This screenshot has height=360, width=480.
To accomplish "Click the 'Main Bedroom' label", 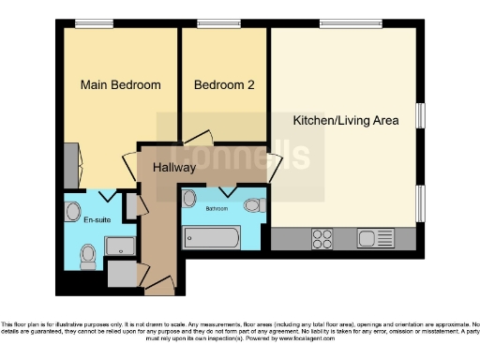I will (120, 85).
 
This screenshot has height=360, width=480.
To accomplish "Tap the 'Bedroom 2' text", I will (224, 85).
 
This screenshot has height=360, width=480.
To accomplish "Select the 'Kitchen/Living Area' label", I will (346, 120).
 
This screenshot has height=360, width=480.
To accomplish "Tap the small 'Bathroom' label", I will (217, 208).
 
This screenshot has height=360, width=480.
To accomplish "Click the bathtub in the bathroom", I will (211, 237).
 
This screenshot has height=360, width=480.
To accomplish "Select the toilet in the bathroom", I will (251, 205).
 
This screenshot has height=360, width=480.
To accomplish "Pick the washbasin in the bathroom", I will (189, 199).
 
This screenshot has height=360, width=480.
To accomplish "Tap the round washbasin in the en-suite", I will (73, 211).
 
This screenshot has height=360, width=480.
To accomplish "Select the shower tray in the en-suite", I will (120, 247).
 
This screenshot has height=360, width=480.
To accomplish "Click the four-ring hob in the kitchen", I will (322, 237).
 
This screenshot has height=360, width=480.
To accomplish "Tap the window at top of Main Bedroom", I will (87, 24).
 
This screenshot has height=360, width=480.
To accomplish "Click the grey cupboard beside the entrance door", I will (121, 273).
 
